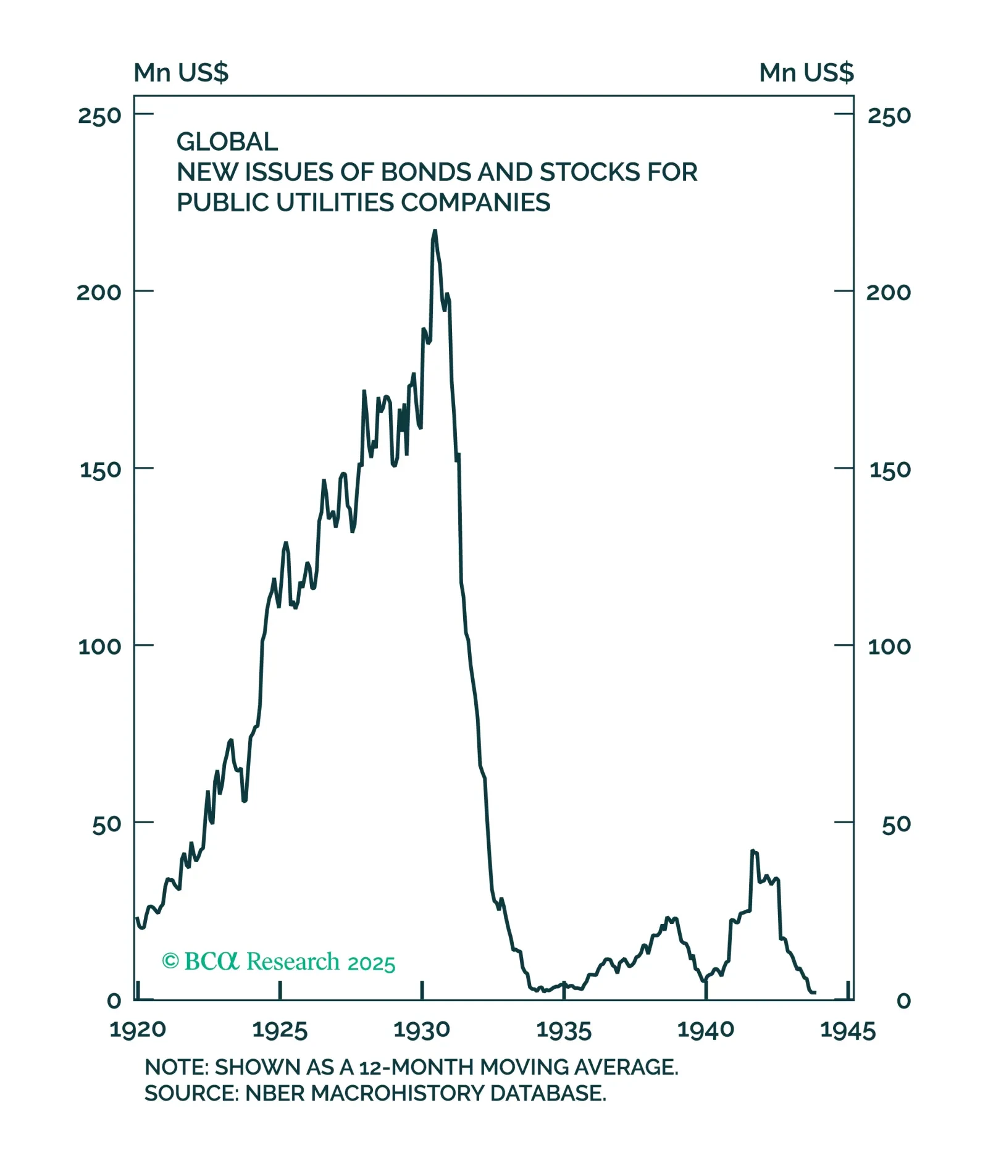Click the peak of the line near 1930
click(435, 231)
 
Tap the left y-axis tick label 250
click(99, 115)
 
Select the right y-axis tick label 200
click(888, 292)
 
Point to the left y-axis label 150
click(100, 469)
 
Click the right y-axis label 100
click(889, 647)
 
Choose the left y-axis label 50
click(106, 824)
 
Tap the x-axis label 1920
click(138, 1030)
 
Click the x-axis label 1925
click(280, 1030)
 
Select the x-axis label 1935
click(564, 1030)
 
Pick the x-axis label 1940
click(706, 1030)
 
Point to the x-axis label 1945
click(848, 1030)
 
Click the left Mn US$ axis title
click(181, 73)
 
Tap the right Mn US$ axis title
click(806, 73)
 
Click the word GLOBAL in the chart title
click(227, 142)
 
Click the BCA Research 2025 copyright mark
click(278, 962)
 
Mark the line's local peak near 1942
click(753, 851)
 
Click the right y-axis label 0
click(903, 1000)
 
